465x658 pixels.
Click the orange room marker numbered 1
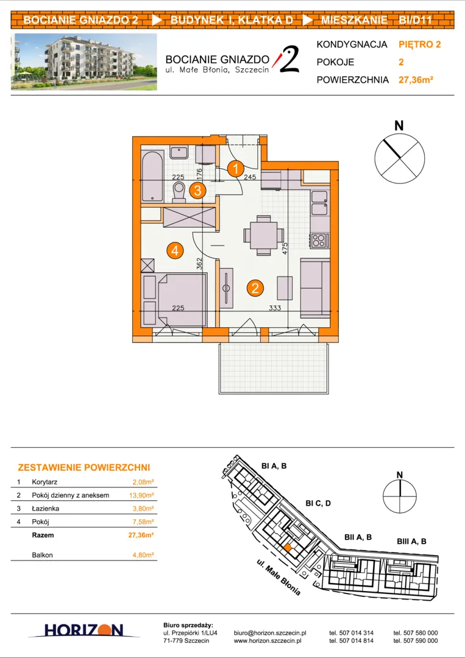(236, 169)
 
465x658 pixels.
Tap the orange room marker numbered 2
(255, 288)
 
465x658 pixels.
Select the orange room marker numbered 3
(197, 191)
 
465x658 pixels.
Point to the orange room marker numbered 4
(174, 250)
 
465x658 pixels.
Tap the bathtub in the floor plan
(152, 175)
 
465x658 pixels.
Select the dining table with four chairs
(263, 235)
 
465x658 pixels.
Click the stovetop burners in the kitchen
(319, 240)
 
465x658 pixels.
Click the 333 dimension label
(275, 308)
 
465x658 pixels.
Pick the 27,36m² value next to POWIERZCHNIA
(416, 80)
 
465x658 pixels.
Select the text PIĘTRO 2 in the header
(420, 44)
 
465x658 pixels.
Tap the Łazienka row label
(45, 509)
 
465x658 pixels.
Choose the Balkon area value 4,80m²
(143, 555)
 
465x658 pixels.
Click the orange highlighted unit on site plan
(286, 547)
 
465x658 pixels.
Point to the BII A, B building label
(358, 537)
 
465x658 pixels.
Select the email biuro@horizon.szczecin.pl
(270, 633)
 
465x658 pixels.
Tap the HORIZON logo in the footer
(83, 630)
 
